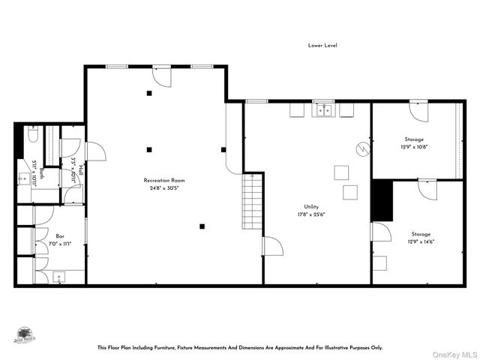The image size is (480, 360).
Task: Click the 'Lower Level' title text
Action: coord(322,46)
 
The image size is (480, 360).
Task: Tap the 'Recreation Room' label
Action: coord(164,181)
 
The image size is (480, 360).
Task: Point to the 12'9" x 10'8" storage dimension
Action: coord(414,147)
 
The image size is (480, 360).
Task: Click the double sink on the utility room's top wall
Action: coord(324,110)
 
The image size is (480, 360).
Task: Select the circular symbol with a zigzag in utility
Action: coord(362,148)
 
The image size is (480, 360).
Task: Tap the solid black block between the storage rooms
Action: coord(382,200)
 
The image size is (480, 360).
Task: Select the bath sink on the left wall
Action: coord(25,180)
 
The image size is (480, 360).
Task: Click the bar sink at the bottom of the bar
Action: coord(60,277)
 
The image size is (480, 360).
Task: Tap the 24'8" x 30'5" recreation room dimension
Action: coord(164,188)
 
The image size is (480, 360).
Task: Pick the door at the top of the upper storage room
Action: coord(418,112)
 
